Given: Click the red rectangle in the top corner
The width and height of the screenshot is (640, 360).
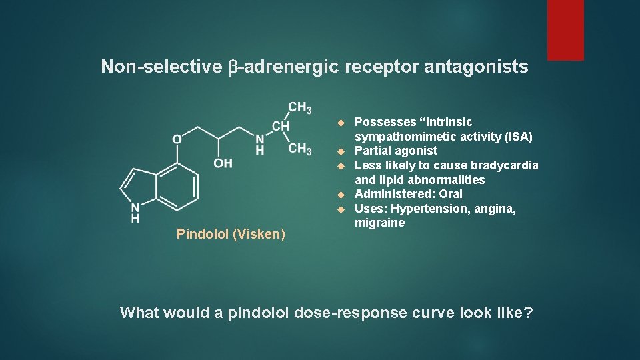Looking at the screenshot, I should pos(565,29).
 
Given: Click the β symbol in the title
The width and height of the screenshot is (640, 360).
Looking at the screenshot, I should pos(234,67).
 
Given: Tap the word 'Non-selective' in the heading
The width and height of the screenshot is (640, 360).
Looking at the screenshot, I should pos(161,67).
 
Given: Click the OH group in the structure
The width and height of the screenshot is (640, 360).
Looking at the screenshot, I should pos(223,163).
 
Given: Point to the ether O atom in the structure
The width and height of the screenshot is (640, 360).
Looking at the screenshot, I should pos(177,139).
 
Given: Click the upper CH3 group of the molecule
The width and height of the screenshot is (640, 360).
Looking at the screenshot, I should pos(300,108).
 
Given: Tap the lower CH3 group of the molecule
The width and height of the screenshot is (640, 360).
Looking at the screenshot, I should pos(300,149).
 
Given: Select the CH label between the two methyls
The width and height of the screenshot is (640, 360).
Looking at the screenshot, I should pos(281,126).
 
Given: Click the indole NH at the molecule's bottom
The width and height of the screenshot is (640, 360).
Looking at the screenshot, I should pos(135,212).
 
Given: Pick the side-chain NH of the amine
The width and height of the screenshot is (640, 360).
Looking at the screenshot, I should pos(260,145).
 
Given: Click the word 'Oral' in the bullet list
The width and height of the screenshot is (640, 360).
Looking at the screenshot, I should pos(450,194).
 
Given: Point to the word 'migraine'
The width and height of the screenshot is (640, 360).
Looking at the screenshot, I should pos(379,223).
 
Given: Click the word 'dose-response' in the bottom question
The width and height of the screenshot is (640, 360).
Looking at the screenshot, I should pos(347,313).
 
